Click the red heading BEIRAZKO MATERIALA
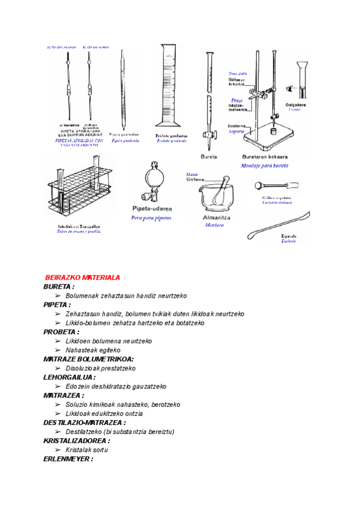[83, 277]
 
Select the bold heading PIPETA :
[57, 305]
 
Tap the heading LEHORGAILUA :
[69, 378]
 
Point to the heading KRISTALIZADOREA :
[77, 441]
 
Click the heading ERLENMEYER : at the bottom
[68, 459]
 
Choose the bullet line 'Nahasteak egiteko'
[92, 350]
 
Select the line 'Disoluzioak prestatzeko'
[100, 368]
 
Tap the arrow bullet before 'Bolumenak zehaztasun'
[58, 296]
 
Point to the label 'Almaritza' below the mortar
[214, 217]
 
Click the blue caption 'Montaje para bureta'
[265, 165]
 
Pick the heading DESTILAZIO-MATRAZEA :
[85, 423]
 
